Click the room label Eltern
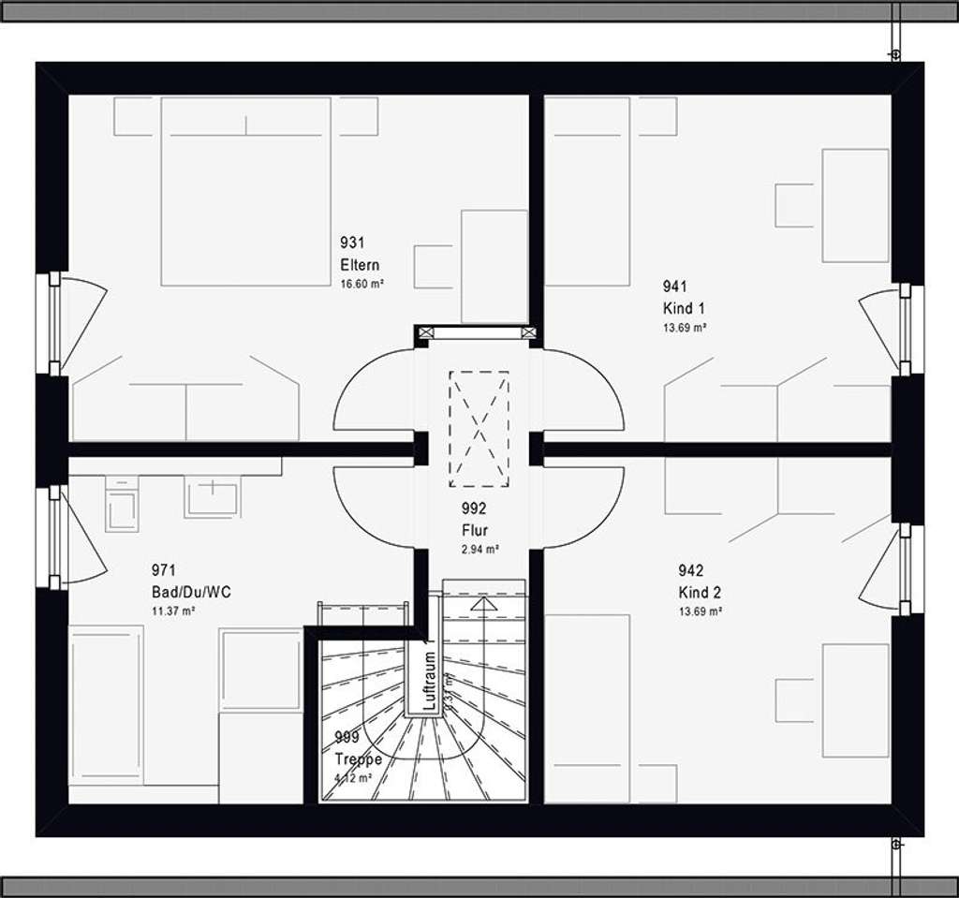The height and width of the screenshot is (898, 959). (x=360, y=265)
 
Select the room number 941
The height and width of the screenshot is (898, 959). (x=675, y=287)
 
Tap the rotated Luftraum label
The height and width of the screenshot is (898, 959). (x=429, y=681)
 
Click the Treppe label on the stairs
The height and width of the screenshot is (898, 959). (x=358, y=759)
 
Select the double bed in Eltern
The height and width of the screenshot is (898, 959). (x=245, y=191)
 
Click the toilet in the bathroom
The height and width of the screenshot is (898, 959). (x=122, y=506)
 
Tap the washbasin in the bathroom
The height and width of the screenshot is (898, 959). (x=212, y=496)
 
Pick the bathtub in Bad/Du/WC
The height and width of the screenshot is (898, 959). (x=106, y=704)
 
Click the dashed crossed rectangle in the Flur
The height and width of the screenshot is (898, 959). (x=479, y=429)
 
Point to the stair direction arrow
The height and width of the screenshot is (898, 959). (x=483, y=605)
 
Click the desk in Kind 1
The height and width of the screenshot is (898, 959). (x=855, y=205)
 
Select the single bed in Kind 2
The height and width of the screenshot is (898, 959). (x=587, y=708)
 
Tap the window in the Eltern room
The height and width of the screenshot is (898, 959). (x=54, y=323)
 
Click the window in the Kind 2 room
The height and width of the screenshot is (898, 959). (x=906, y=569)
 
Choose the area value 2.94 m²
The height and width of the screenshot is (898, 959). (x=479, y=550)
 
